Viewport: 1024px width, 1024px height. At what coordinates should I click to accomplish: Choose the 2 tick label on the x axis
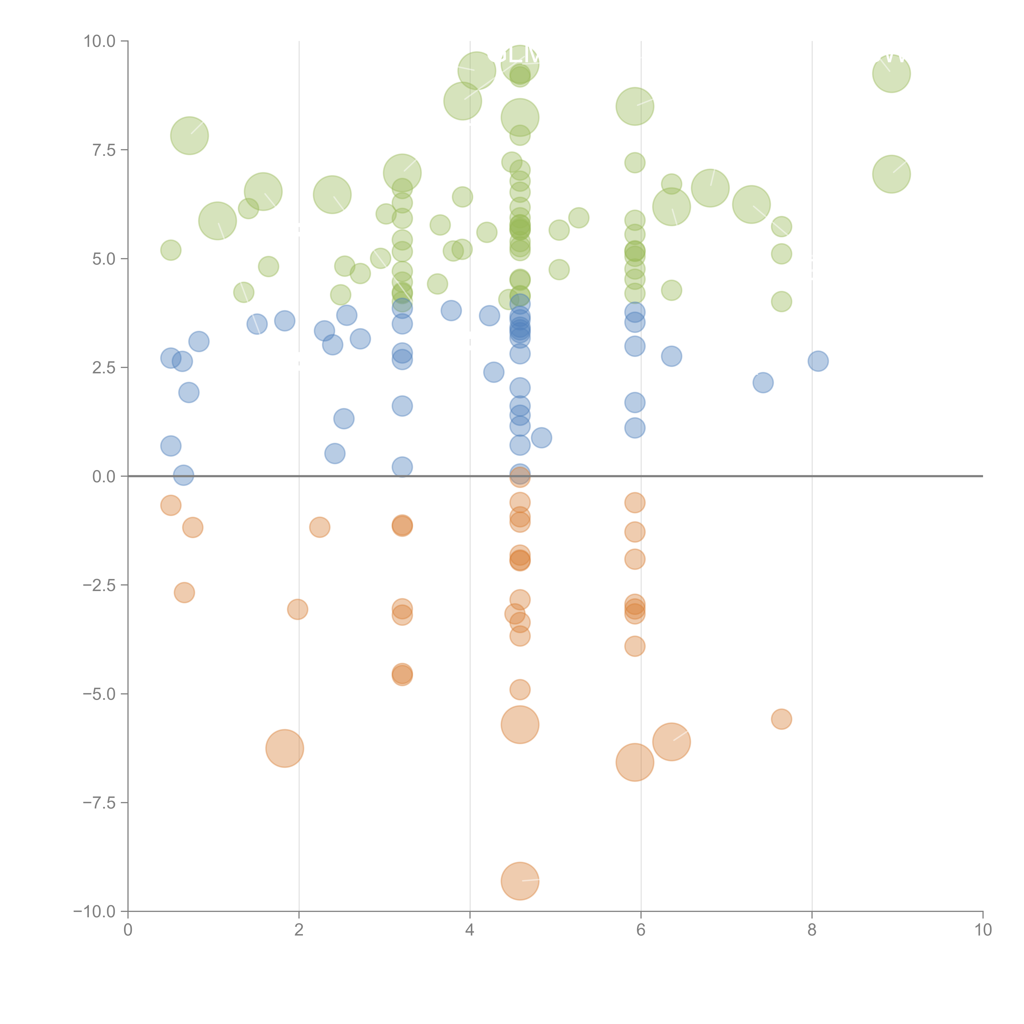299,930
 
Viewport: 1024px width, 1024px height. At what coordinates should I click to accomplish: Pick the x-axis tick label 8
812,930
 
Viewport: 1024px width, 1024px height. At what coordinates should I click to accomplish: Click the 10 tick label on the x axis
983,930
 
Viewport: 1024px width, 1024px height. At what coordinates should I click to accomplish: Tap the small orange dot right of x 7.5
781,719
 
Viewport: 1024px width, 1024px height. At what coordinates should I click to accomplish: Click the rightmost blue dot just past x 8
818,361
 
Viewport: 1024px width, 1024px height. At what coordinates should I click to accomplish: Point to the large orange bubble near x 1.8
285,748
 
